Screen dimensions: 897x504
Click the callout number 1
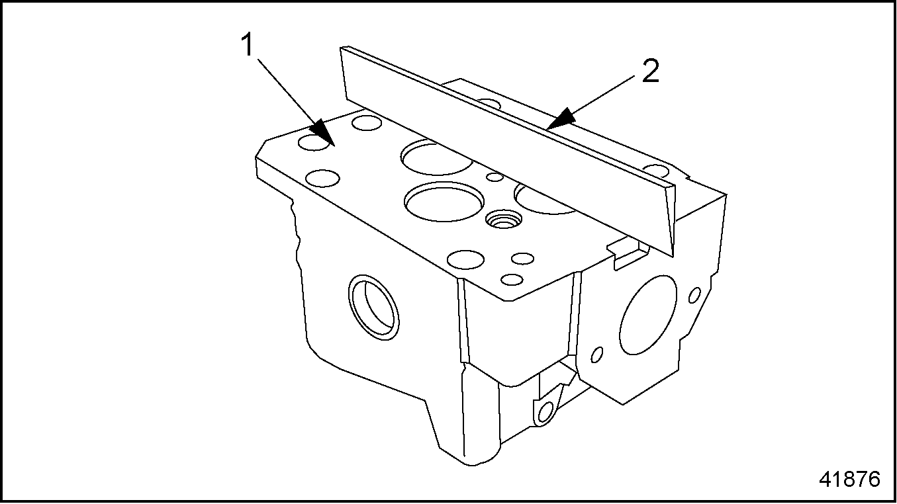pyautogui.click(x=248, y=45)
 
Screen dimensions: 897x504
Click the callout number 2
pyautogui.click(x=650, y=71)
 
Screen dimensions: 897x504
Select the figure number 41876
pyautogui.click(x=849, y=479)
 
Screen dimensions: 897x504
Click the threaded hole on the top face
pyautogui.click(x=503, y=219)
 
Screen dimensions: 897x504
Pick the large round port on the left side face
pyautogui.click(x=373, y=307)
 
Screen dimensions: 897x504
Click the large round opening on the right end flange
pyautogui.click(x=648, y=315)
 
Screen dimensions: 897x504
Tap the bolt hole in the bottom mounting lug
pyautogui.click(x=545, y=412)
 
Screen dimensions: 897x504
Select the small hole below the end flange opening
pyautogui.click(x=596, y=355)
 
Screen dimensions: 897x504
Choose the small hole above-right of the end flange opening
pyautogui.click(x=695, y=295)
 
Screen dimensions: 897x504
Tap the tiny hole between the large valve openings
pyautogui.click(x=495, y=177)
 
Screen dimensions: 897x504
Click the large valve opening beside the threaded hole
pyautogui.click(x=444, y=202)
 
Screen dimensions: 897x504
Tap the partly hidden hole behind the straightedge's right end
pyautogui.click(x=657, y=171)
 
